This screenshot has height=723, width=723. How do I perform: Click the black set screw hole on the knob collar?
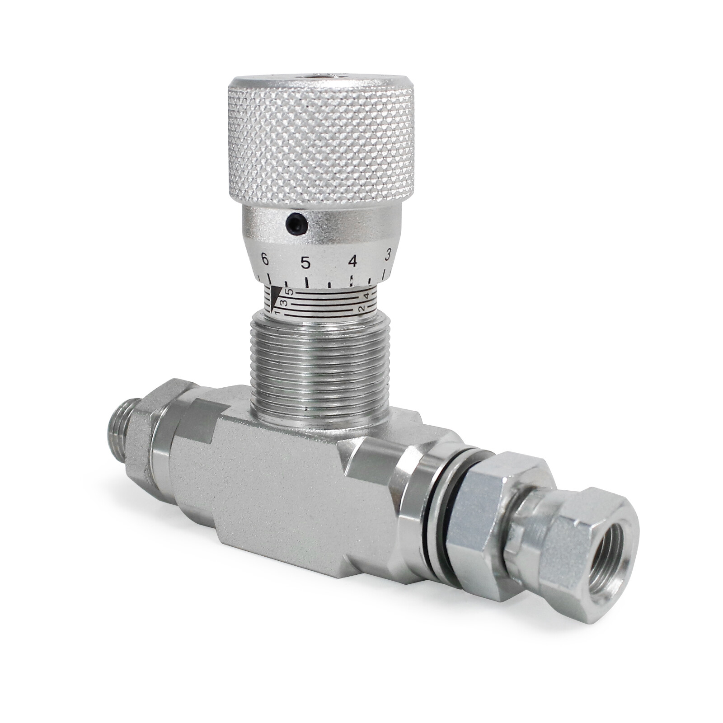point(296,223)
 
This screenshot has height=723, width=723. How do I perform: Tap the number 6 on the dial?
point(265,259)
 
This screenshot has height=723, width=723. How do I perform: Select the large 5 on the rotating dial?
point(305,262)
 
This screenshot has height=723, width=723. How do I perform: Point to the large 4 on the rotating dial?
point(352,261)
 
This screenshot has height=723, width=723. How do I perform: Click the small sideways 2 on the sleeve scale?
point(361,309)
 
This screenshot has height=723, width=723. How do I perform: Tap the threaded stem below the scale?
point(319,366)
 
